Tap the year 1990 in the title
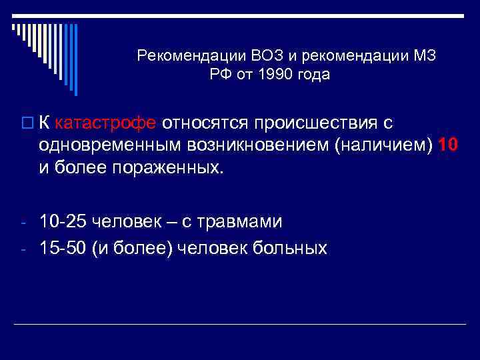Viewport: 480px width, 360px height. click(x=269, y=74)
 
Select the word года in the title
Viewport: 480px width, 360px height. click(x=311, y=74)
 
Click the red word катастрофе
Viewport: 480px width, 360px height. click(x=106, y=123)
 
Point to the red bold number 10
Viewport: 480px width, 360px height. click(x=448, y=145)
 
